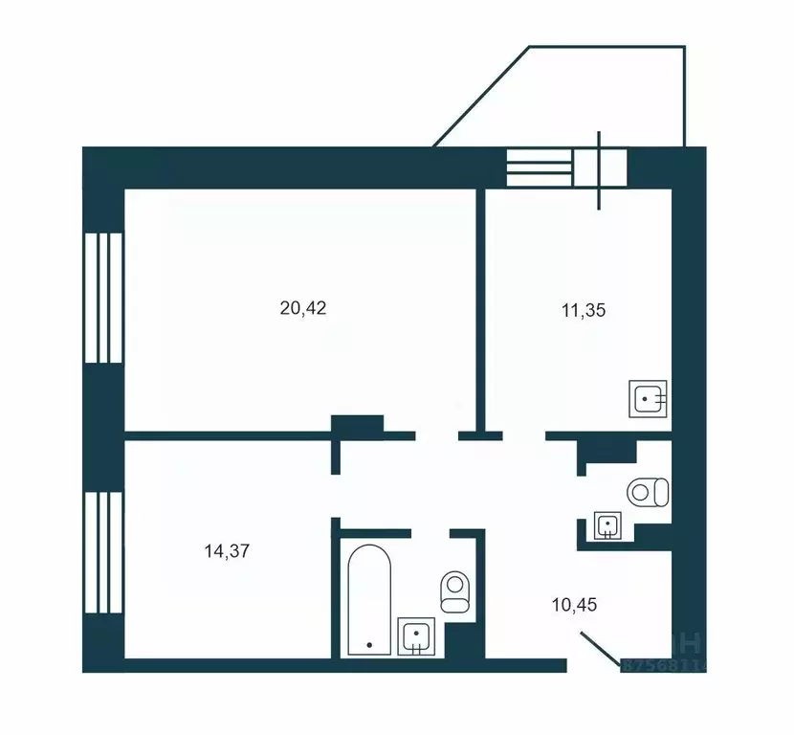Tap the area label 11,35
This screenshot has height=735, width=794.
(x=584, y=309)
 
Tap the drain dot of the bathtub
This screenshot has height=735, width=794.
(x=368, y=646)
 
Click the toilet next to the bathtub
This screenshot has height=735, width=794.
(x=454, y=591)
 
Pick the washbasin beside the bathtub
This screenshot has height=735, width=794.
(x=416, y=635)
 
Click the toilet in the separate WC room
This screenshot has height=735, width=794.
(x=648, y=492)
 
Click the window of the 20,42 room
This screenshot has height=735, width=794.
(x=103, y=297)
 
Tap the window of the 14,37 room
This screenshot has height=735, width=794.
(x=103, y=552)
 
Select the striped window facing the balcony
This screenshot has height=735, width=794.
(x=539, y=168)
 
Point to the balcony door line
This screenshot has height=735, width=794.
(x=600, y=170)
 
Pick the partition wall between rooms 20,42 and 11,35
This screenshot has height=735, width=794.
(x=480, y=306)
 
